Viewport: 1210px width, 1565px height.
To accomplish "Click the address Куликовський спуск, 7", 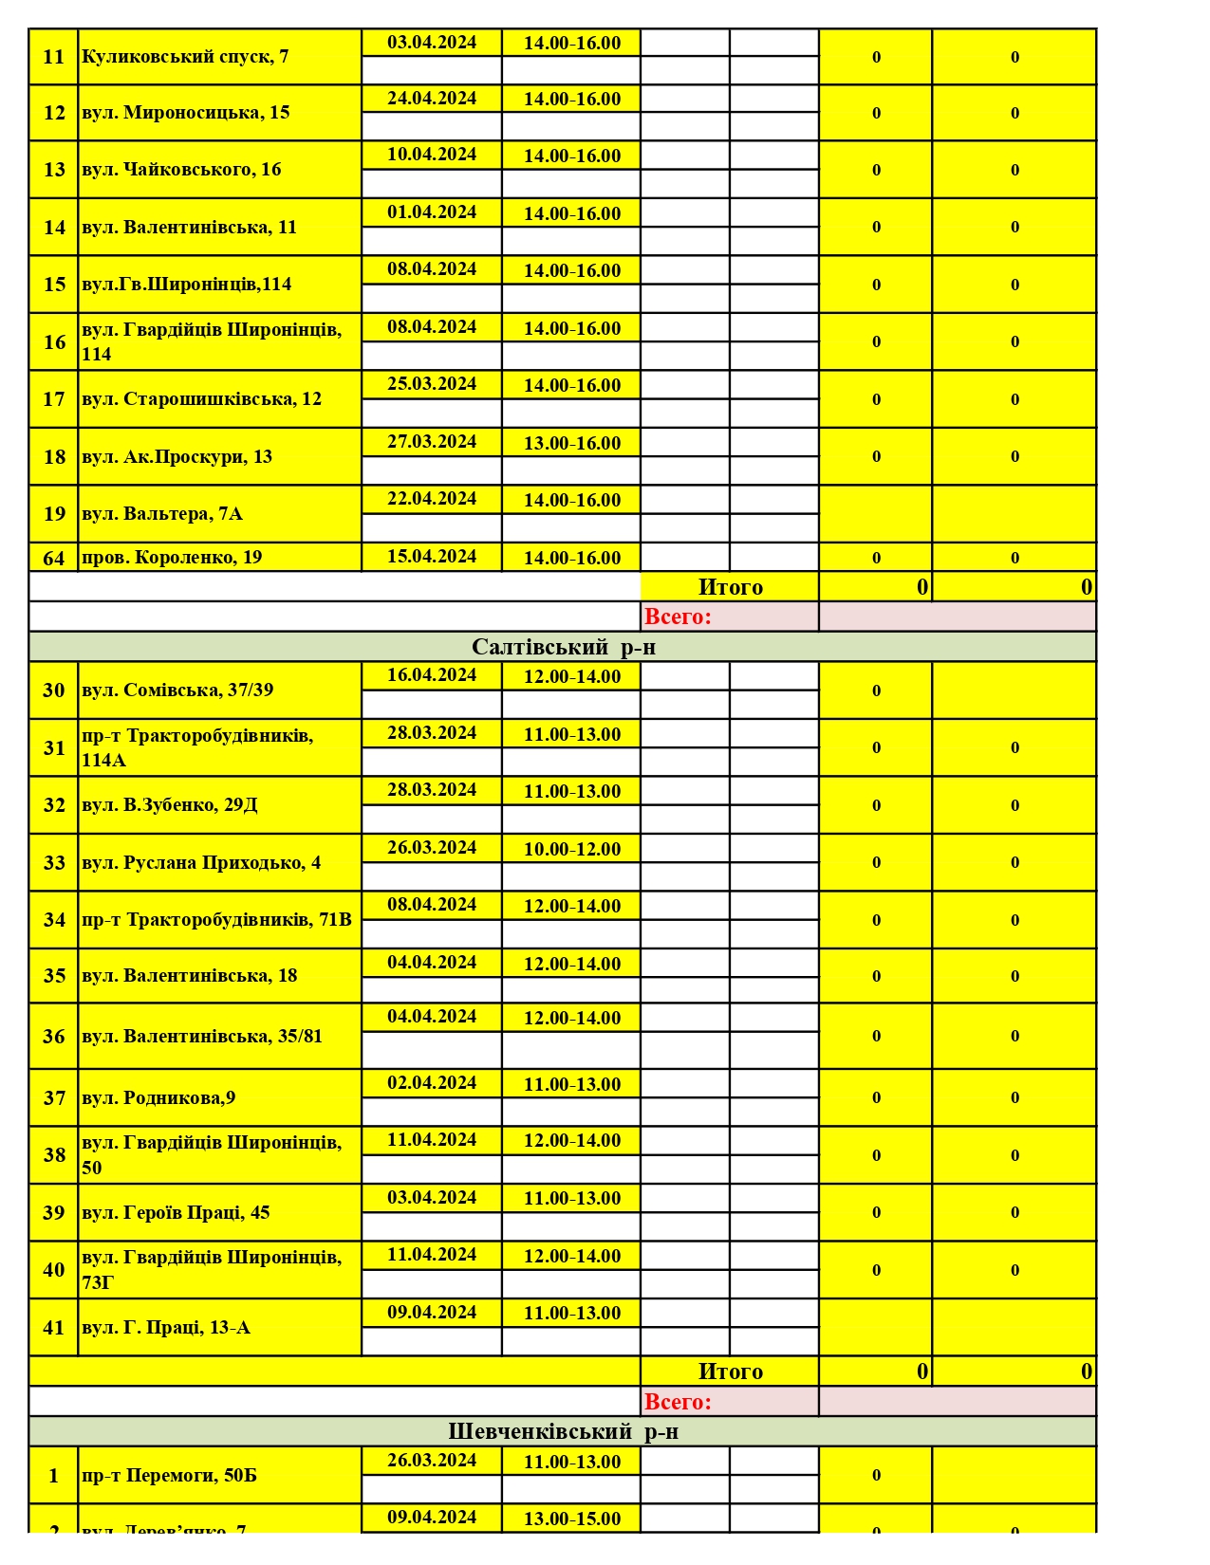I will pyautogui.click(x=185, y=57).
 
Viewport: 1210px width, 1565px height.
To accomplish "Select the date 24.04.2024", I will pyautogui.click(x=432, y=99).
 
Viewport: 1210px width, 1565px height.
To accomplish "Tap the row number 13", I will pyautogui.click(x=54, y=170).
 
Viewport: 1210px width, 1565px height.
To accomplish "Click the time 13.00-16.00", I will pyautogui.click(x=572, y=443).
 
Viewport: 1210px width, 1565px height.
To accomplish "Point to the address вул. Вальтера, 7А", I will pyautogui.click(x=162, y=514).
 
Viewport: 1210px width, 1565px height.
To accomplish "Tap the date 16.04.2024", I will pyautogui.click(x=432, y=675).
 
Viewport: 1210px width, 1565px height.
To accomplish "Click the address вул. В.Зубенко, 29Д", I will pyautogui.click(x=170, y=805).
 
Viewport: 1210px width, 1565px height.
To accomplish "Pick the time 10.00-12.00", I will pyautogui.click(x=572, y=849).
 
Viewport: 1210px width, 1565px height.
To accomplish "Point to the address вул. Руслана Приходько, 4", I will pyautogui.click(x=201, y=863).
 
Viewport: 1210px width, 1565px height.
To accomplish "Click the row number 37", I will pyautogui.click(x=54, y=1098).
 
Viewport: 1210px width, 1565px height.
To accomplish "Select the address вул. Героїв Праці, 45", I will pyautogui.click(x=176, y=1213).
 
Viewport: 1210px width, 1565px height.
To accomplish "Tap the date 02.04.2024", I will pyautogui.click(x=432, y=1083).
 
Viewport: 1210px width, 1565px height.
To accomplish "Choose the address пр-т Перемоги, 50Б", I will pyautogui.click(x=169, y=1476).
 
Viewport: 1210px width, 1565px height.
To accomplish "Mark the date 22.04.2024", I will pyautogui.click(x=432, y=499).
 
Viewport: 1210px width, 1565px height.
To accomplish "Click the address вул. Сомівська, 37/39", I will pyautogui.click(x=177, y=690).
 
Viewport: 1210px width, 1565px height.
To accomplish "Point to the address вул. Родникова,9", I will pyautogui.click(x=158, y=1098).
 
